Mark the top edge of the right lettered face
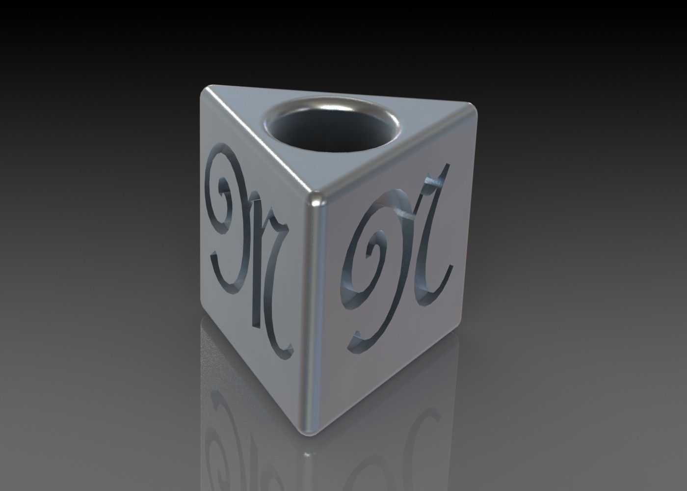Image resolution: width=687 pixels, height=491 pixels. point(397,157)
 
